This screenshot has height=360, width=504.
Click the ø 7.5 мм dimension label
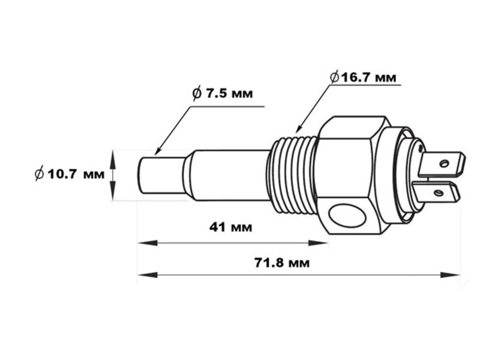coord(222,94)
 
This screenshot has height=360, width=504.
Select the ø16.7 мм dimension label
coord(362,77)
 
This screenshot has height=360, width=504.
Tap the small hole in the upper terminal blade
coord(444,163)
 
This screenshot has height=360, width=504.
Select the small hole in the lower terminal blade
coord(439,193)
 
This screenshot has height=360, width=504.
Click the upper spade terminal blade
coord(441,163)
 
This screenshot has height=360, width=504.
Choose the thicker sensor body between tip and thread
coord(225,175)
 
